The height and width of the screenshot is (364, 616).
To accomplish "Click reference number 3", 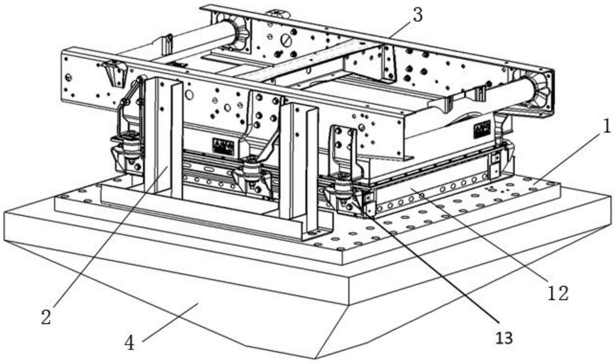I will click(417, 16).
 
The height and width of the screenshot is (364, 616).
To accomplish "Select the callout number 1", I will click(606, 128).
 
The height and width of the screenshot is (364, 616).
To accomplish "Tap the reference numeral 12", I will click(558, 294).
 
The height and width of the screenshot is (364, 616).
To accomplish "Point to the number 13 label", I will click(504, 338).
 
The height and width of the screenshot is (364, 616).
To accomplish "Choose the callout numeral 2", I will click(46, 317).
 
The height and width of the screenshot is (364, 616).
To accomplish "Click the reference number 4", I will click(130, 343).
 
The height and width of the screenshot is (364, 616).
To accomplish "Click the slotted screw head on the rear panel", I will click(286, 39).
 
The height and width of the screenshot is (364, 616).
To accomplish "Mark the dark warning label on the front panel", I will click(223, 147).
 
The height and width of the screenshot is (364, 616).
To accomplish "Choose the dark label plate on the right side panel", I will click(482, 130).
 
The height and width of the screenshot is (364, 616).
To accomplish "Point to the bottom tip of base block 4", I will click(315, 358).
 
